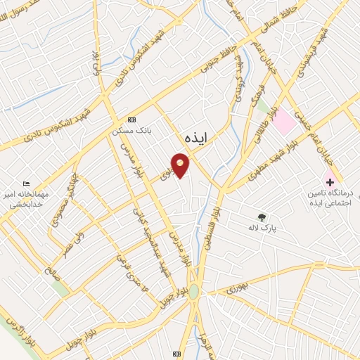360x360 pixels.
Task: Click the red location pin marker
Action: point(181,167)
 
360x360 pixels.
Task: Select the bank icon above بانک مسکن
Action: point(131,120)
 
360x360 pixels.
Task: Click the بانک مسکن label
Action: point(131,131)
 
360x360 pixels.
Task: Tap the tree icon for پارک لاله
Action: point(262,217)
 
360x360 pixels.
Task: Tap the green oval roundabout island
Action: point(193,291)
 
